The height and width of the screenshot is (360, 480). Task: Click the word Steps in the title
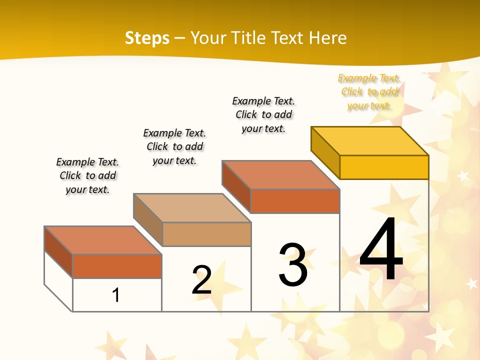[147, 38]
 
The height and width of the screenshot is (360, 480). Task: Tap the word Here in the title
[327, 38]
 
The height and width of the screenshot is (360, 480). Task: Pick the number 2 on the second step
[201, 280]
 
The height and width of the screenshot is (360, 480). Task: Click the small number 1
[116, 295]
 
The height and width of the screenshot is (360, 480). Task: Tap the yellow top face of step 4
[370, 141]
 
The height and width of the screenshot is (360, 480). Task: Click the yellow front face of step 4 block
[384, 167]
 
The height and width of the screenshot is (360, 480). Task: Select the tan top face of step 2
[192, 208]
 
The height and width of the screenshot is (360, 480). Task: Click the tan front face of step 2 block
[206, 234]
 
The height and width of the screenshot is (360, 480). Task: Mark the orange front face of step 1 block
[117, 266]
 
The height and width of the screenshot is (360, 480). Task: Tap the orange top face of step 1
[103, 240]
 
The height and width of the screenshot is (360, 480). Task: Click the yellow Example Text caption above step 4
[369, 91]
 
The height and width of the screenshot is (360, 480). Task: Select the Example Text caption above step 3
[264, 114]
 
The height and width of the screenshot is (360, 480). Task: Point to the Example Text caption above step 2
[174, 146]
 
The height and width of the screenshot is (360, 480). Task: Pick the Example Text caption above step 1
[87, 175]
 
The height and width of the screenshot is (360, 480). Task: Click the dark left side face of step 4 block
[325, 152]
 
